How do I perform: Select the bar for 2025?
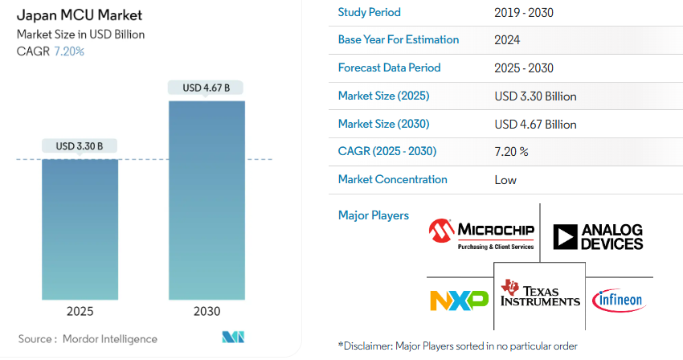tap(80, 229)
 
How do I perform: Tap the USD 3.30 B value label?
tap(80, 146)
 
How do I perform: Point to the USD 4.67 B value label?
tap(207, 88)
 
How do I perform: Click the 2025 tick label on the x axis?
tap(80, 311)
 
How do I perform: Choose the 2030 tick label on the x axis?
tap(207, 311)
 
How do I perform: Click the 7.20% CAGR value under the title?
tap(68, 51)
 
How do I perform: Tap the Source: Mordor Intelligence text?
tap(88, 339)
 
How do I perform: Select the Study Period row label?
tap(369, 12)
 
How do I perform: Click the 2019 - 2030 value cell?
tap(524, 13)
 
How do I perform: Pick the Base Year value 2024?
tap(508, 40)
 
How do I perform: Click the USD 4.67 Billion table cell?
tap(536, 125)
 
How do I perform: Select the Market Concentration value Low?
tap(505, 180)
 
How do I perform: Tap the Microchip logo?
tap(482, 234)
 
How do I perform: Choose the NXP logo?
tap(459, 300)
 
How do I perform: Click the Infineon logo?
tap(618, 301)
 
